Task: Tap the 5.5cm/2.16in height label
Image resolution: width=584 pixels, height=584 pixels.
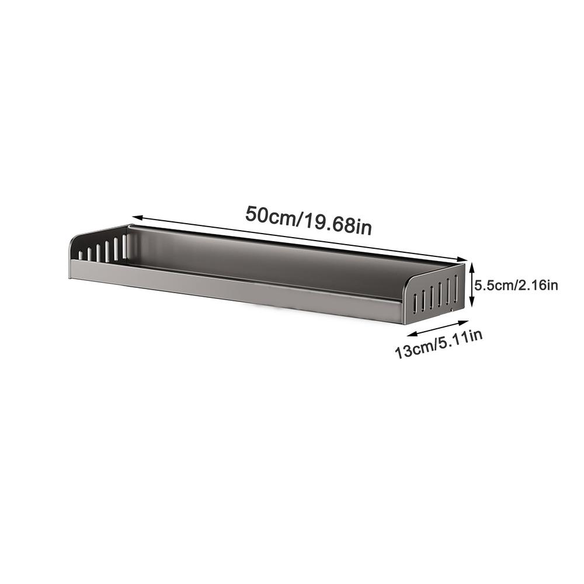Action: click(516, 286)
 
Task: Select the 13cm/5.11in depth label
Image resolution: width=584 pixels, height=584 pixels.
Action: click(439, 343)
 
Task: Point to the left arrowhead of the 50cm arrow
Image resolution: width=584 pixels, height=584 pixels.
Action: click(137, 217)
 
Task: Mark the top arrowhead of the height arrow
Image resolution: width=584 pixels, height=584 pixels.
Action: click(472, 266)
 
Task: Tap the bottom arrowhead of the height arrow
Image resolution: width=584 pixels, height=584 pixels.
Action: click(472, 303)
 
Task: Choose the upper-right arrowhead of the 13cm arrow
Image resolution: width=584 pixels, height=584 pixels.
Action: click(464, 322)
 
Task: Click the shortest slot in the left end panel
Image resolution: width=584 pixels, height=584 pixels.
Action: click(80, 255)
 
